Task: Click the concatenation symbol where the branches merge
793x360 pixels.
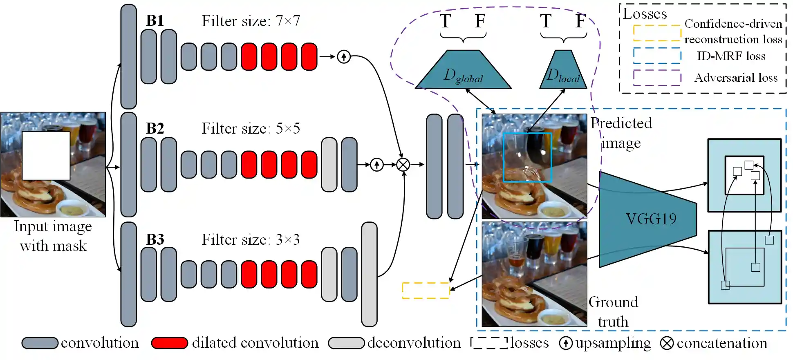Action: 403,165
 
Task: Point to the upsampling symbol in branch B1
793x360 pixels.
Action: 344,57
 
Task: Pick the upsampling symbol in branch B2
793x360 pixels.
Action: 376,165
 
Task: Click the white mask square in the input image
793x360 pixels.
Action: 46,156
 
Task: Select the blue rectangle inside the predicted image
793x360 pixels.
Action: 527,157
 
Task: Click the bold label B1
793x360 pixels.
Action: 155,21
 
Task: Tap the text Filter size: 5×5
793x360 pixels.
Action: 251,129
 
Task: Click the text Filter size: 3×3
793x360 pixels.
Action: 251,239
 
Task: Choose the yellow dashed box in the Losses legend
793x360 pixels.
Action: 656,33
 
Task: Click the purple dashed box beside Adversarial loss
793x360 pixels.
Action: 656,78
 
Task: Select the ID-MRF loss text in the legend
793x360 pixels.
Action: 731,56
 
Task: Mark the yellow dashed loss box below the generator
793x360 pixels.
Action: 426,291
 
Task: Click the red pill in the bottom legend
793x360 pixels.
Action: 169,343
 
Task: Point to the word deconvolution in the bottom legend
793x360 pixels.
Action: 414,343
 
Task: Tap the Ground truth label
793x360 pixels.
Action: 613,312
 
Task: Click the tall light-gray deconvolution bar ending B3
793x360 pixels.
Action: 369,274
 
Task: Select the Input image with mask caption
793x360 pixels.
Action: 53,236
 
